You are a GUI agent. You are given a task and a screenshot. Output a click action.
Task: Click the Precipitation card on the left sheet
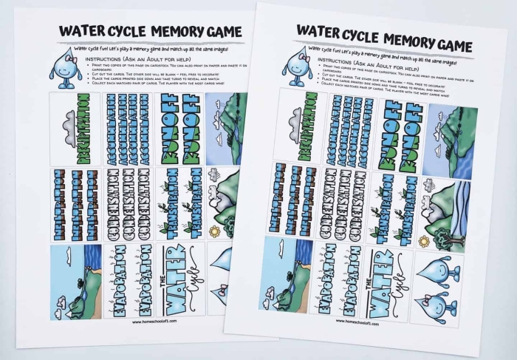pos(75,129)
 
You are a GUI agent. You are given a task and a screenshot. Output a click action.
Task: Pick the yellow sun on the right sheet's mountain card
pos(424,242)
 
